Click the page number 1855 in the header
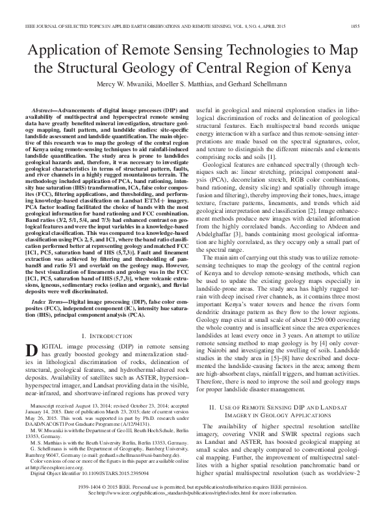click(x=365, y=9)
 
